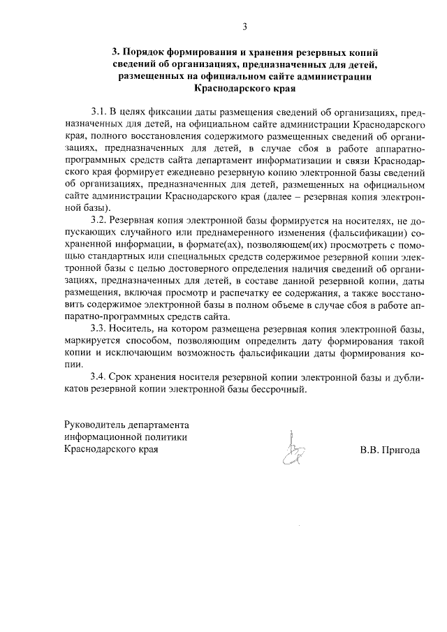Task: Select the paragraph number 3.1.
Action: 99,112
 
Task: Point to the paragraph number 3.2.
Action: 99,220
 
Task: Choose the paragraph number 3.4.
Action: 99,377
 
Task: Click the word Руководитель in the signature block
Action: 94,425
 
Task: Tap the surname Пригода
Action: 400,450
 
